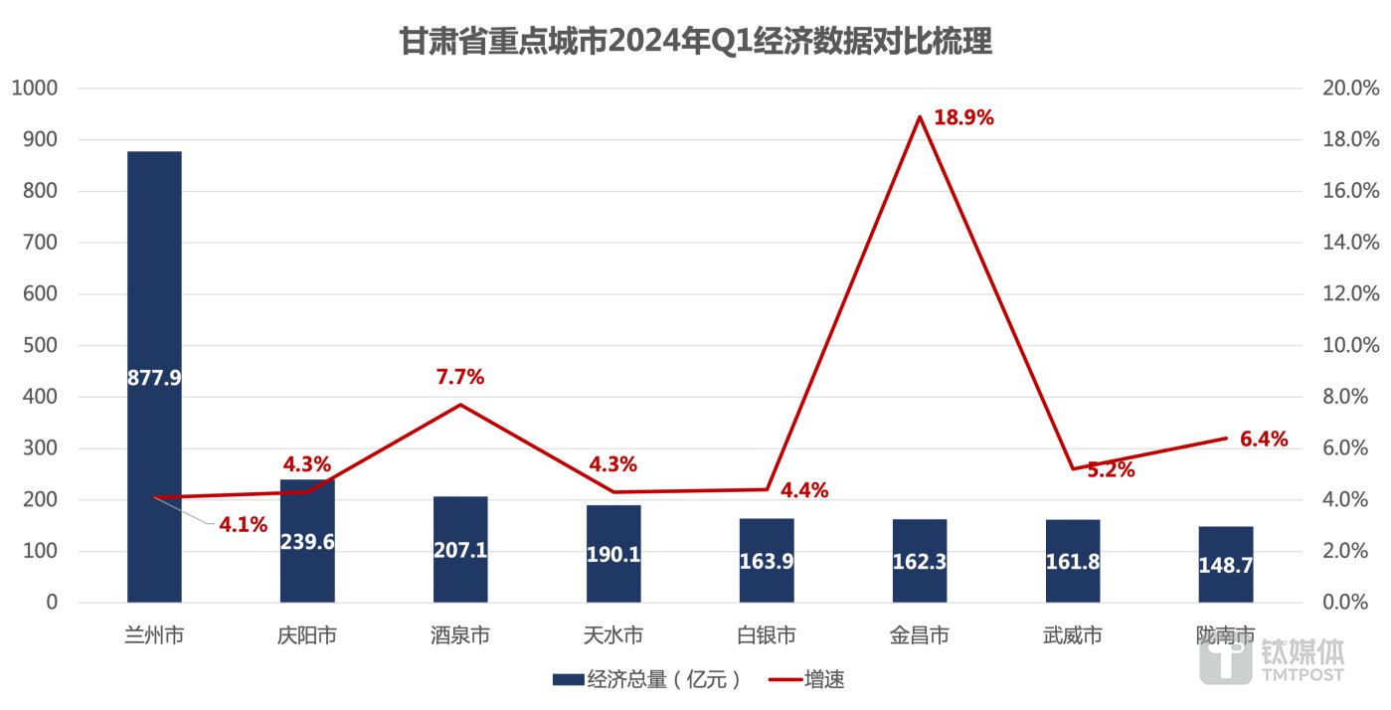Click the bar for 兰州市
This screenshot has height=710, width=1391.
[154, 298]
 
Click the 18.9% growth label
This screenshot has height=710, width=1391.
[963, 118]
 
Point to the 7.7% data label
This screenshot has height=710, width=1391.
[459, 377]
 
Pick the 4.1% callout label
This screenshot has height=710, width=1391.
[244, 524]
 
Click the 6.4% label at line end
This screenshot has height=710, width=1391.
[1264, 439]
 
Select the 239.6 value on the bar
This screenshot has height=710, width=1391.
[307, 549]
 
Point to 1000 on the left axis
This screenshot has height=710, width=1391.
[35, 89]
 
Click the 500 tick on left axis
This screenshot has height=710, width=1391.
[40, 345]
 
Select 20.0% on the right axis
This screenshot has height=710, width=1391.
[1350, 89]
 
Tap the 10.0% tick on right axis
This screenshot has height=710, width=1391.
[1350, 345]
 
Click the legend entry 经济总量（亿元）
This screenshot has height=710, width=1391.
[646, 680]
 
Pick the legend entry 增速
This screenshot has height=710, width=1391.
[806, 680]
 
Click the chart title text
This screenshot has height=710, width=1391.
[695, 43]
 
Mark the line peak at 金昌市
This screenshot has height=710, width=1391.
[920, 117]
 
